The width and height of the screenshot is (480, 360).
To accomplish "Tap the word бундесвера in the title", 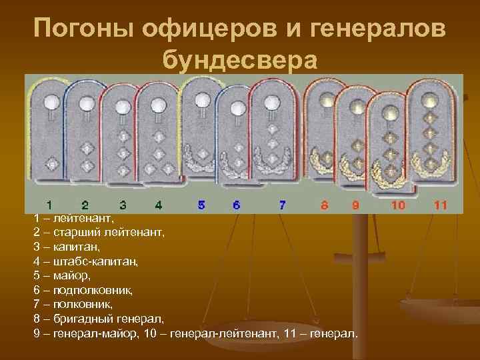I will point(239,59).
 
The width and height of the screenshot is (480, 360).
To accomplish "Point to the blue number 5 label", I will point(201,205).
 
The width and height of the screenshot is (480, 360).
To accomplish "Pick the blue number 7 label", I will point(282,205).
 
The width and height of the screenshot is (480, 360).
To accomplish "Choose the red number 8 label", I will point(324,205).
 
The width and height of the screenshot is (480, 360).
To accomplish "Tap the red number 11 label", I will point(439,205).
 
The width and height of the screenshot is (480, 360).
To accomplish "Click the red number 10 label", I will point(398,205).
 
